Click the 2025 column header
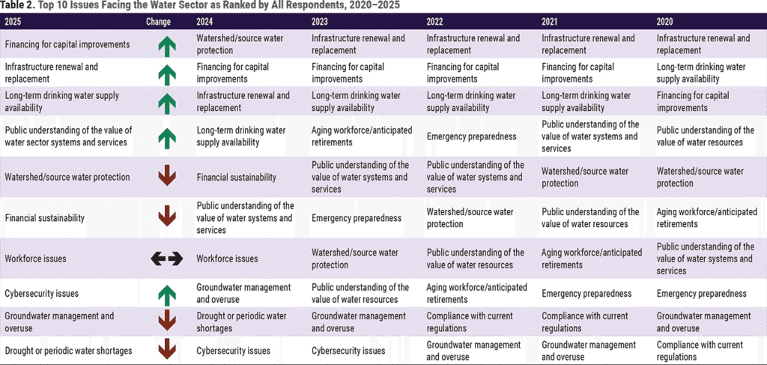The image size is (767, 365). [x=13, y=21]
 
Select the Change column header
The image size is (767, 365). [x=160, y=21]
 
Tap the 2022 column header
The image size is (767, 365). [x=436, y=21]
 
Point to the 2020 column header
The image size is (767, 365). [x=666, y=21]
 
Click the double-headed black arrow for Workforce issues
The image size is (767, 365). [x=166, y=259]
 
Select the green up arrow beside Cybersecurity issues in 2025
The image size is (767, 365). [x=166, y=294]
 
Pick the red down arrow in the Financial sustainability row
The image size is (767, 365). [x=166, y=217]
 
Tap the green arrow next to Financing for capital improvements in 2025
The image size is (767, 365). [x=166, y=45]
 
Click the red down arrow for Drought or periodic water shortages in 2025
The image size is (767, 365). [x=166, y=350]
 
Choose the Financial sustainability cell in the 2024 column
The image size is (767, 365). [x=236, y=178]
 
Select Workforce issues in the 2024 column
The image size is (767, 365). [x=227, y=259]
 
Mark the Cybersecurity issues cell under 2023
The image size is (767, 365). [x=348, y=351]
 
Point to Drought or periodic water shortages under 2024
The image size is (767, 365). [x=241, y=322]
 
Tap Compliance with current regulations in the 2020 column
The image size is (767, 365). [x=700, y=350]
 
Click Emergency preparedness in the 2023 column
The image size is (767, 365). [x=357, y=218]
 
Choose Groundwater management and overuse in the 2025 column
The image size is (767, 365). [x=59, y=322]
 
